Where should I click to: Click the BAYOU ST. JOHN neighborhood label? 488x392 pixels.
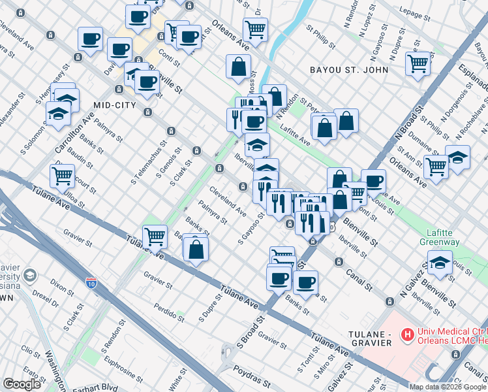click(349, 70)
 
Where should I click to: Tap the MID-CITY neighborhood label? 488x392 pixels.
click(114, 105)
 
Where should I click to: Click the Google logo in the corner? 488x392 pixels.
click(22, 384)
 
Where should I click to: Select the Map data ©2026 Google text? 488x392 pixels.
click(448, 387)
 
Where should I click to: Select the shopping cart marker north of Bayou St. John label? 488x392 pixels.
click(418, 64)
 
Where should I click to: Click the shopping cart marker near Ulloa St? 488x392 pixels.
click(62, 175)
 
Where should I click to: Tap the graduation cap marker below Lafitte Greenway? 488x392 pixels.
click(440, 264)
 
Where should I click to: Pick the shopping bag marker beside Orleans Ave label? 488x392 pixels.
click(239, 66)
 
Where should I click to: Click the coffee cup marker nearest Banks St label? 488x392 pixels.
click(305, 282)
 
